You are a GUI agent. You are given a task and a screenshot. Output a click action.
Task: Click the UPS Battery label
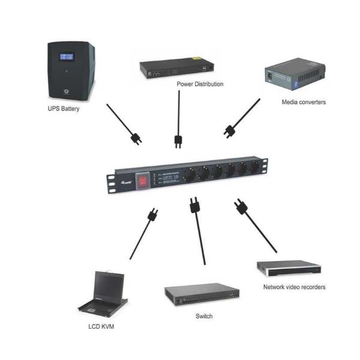point(63,109)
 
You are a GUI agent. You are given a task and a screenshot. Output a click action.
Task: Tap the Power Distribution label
point(200,84)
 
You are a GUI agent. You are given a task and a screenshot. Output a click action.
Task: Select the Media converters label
point(304,102)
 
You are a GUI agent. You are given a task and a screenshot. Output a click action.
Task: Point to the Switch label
point(204,316)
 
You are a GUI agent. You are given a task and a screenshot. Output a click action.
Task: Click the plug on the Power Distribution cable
point(178,142)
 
